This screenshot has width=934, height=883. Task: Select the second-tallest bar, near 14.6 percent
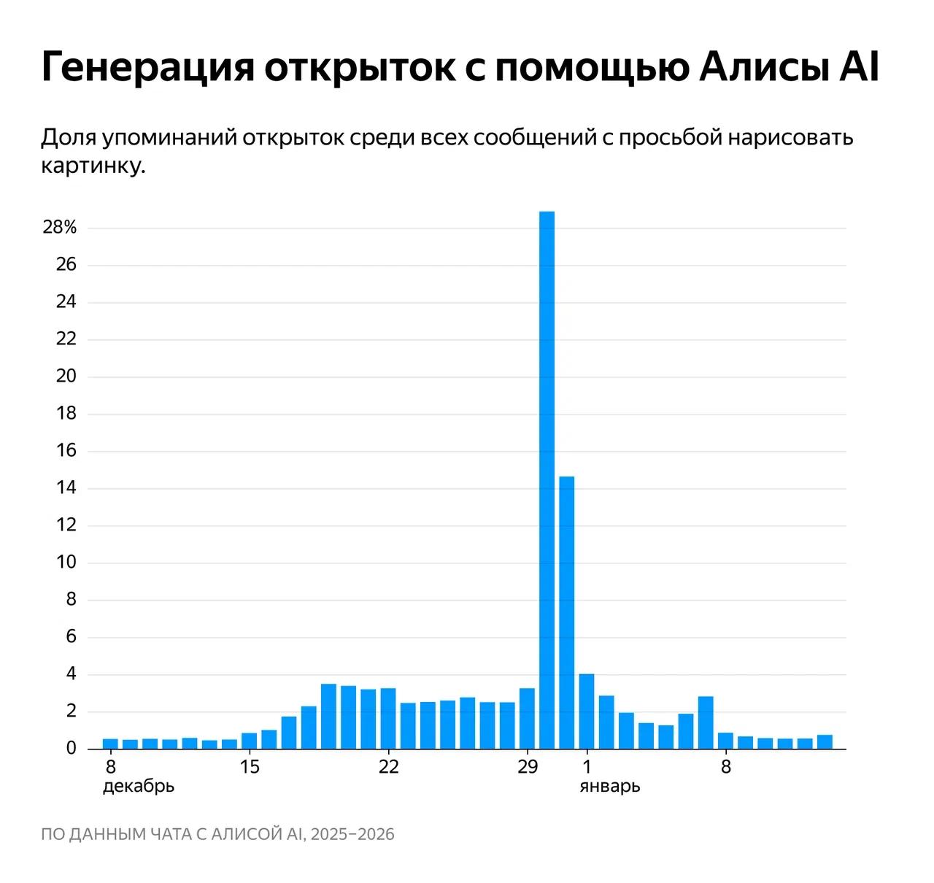[567, 612]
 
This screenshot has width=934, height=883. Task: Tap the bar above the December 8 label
[110, 744]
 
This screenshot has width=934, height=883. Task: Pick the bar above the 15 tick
[250, 741]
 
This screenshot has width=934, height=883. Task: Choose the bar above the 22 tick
[388, 718]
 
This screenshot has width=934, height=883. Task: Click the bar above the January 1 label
[587, 711]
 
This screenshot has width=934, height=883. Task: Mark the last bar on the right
[825, 741]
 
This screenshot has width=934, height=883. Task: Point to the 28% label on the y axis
[60, 228]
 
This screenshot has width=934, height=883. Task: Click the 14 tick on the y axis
[66, 488]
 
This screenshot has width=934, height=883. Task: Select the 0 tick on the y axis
[71, 748]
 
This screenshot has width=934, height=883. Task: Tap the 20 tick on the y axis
[66, 377]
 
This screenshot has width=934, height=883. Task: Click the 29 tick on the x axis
[528, 768]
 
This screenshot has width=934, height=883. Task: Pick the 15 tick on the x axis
[250, 768]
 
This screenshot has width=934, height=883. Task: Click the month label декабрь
[139, 787]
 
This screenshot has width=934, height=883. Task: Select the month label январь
[610, 787]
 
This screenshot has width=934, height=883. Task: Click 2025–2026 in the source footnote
[352, 834]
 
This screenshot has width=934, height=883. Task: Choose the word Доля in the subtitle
[67, 136]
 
